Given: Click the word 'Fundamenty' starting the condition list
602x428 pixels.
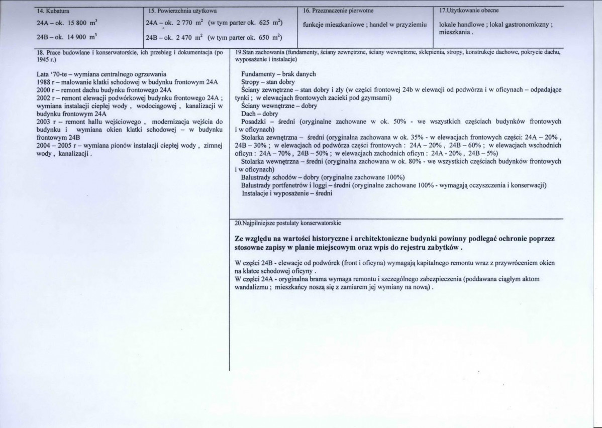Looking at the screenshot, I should click(x=258, y=74).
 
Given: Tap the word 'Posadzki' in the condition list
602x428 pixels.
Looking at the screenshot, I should click(x=254, y=122).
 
